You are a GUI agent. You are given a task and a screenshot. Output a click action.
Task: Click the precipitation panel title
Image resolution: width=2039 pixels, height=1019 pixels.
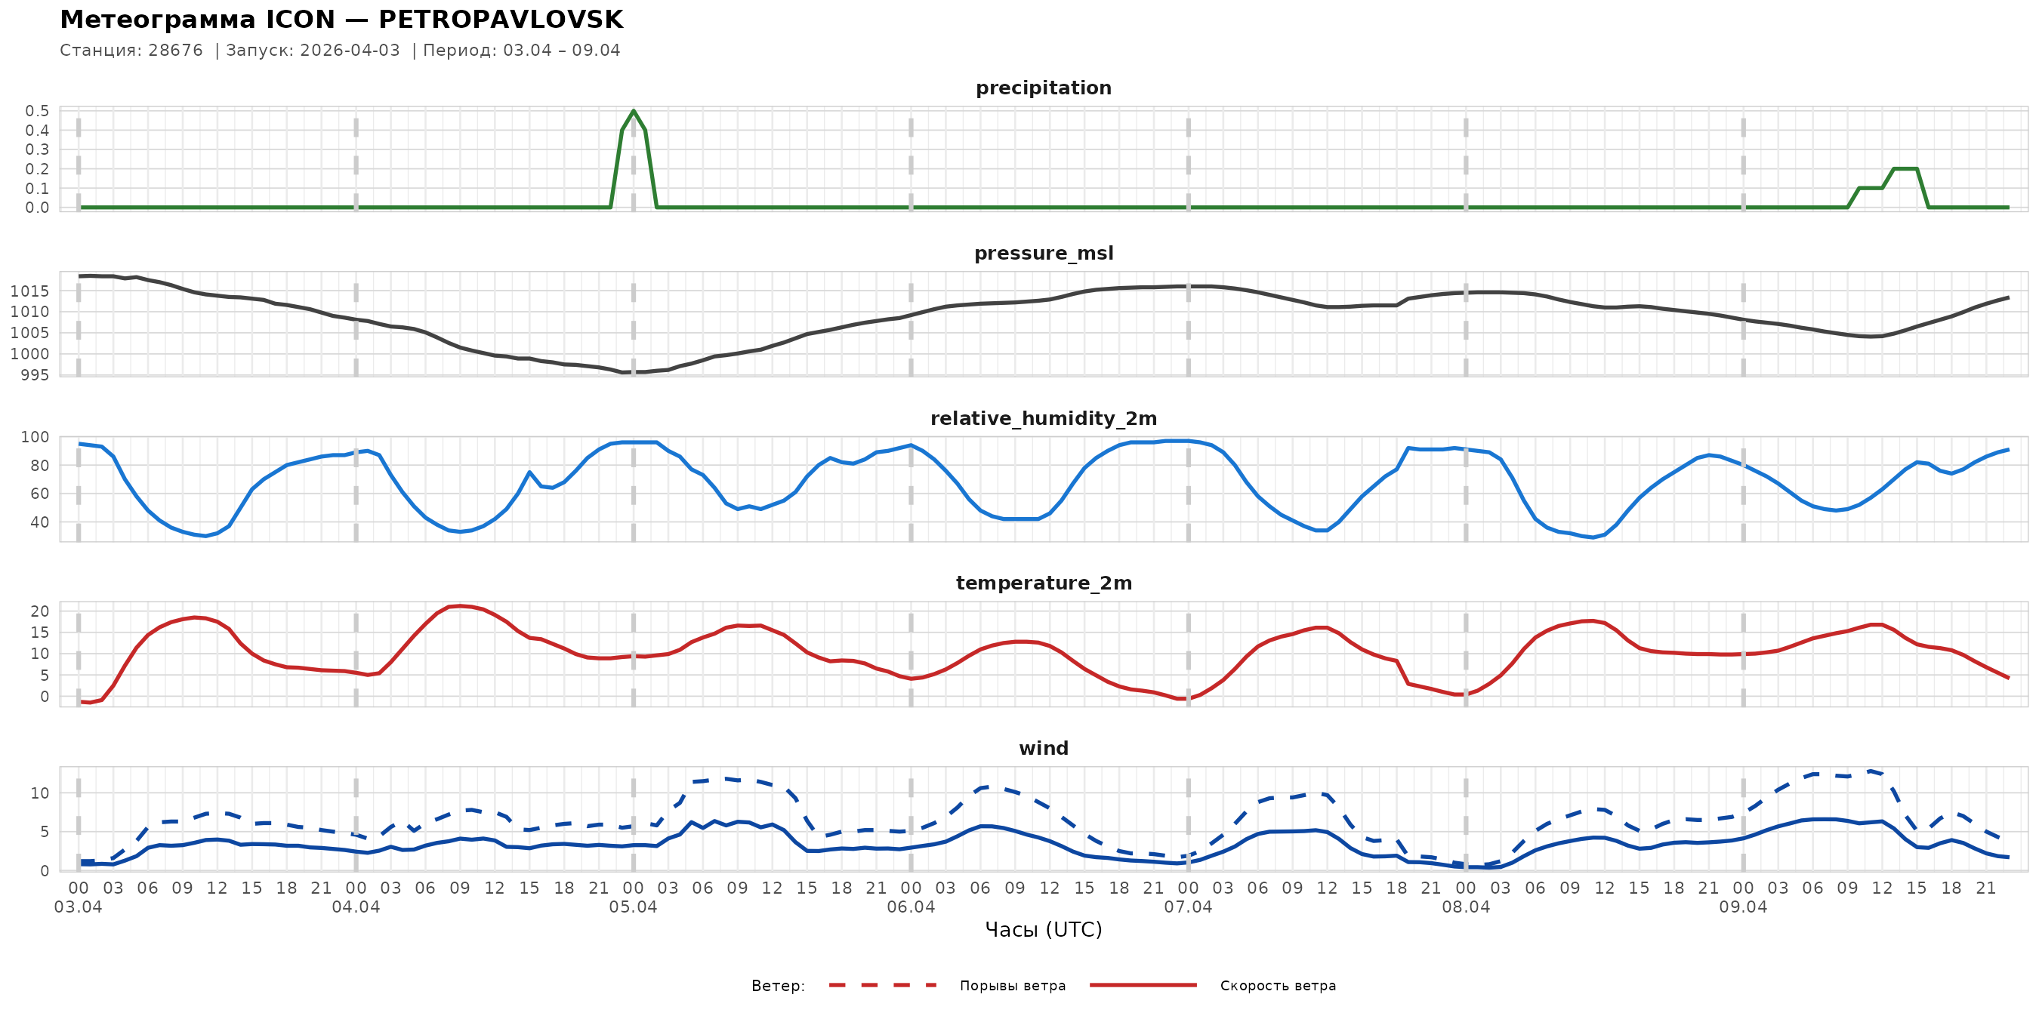pyautogui.click(x=1043, y=88)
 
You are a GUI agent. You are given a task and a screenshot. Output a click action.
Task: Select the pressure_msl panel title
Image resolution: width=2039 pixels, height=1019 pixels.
pyautogui.click(x=1043, y=253)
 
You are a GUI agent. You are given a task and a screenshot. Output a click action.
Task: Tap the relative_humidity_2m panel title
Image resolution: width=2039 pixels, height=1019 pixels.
pyautogui.click(x=1043, y=418)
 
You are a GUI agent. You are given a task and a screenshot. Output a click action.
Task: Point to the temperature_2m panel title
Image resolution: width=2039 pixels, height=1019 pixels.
pyautogui.click(x=1043, y=583)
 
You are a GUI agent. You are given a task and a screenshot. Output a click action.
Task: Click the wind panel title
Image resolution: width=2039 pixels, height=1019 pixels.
pyautogui.click(x=1043, y=749)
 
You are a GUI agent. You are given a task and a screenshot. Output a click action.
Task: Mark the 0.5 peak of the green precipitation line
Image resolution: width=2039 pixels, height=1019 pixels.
pyautogui.click(x=634, y=111)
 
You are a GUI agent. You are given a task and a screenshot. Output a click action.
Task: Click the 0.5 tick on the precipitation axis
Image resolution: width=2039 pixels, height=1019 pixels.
pyautogui.click(x=37, y=111)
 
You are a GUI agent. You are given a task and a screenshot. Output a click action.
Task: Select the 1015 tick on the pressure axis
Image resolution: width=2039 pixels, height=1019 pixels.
pyautogui.click(x=29, y=291)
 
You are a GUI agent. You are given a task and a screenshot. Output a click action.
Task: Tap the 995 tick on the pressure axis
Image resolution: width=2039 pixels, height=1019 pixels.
pyautogui.click(x=34, y=375)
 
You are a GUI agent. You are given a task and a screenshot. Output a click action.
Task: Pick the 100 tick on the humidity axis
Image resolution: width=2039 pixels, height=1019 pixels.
pyautogui.click(x=34, y=437)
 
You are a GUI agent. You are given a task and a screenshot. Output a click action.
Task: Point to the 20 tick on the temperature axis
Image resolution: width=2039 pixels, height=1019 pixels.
pyautogui.click(x=39, y=611)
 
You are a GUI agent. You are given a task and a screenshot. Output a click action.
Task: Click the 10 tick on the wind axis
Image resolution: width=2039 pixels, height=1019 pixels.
pyautogui.click(x=39, y=793)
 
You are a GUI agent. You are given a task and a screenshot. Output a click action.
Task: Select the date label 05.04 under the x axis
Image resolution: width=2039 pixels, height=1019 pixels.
pyautogui.click(x=634, y=907)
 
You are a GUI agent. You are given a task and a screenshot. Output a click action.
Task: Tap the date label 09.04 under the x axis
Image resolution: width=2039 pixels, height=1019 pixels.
pyautogui.click(x=1743, y=907)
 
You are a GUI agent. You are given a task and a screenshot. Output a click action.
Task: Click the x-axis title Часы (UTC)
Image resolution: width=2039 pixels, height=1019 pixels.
pyautogui.click(x=1043, y=930)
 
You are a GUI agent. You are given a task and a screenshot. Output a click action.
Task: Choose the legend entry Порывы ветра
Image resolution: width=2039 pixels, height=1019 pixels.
pyautogui.click(x=1013, y=986)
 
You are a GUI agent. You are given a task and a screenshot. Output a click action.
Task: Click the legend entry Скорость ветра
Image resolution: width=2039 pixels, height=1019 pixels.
pyautogui.click(x=1278, y=986)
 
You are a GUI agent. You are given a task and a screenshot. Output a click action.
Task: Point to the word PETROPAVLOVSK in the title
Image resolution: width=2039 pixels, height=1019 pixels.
pyautogui.click(x=500, y=20)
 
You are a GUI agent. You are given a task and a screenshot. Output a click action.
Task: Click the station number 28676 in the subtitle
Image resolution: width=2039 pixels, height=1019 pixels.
pyautogui.click(x=176, y=51)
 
